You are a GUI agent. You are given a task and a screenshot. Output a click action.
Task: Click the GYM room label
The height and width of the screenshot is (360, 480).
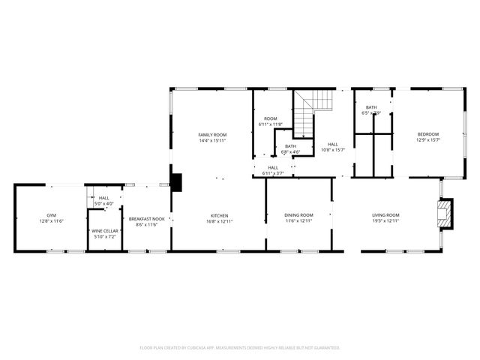click(x=52, y=214)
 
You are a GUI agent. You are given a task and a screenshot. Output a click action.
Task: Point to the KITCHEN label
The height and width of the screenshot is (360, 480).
click(x=218, y=215)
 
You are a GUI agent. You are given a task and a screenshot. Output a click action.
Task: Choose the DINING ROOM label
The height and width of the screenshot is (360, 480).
click(x=298, y=215)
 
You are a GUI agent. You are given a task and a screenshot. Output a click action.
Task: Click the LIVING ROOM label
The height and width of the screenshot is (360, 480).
click(x=386, y=215)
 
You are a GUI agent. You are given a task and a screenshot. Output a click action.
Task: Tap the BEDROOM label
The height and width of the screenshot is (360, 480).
click(x=428, y=133)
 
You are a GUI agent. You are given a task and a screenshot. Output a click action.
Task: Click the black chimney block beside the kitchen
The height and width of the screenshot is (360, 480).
click(x=176, y=182)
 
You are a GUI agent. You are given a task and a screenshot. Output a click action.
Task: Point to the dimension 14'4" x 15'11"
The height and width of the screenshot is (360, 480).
click(x=212, y=140)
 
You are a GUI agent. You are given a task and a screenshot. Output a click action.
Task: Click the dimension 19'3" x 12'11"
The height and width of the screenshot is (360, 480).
click(x=386, y=221)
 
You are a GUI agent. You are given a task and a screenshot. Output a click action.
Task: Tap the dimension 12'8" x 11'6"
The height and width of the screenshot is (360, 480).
click(x=52, y=221)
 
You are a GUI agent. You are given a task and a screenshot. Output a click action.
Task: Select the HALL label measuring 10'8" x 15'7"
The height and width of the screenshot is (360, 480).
click(x=332, y=144)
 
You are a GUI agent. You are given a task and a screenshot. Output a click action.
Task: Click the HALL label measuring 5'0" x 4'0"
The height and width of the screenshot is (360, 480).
click(x=103, y=198)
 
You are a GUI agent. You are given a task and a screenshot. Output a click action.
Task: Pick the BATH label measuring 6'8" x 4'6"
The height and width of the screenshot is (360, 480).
click(x=290, y=145)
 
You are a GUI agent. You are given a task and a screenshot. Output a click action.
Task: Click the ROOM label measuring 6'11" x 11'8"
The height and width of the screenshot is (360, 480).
click(x=270, y=118)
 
